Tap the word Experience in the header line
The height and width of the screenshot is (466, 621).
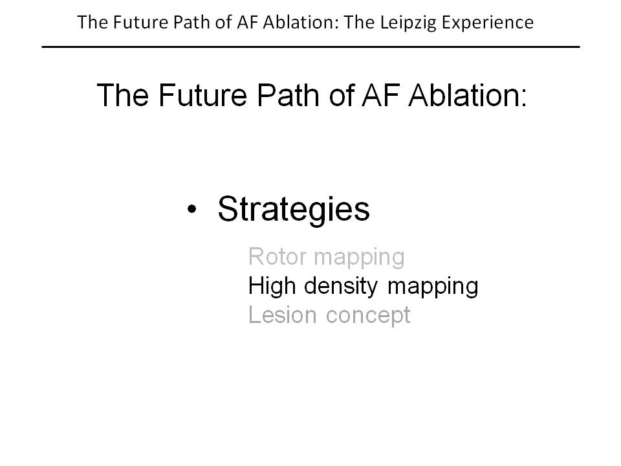tap(488, 23)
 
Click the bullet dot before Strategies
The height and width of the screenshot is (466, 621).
tap(191, 209)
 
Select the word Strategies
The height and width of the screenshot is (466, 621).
tap(294, 210)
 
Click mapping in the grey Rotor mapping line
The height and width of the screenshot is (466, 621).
tap(359, 258)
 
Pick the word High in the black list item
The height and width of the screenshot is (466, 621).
tap(272, 286)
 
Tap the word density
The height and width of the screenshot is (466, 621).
tap(341, 286)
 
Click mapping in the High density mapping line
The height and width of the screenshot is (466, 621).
tap(433, 287)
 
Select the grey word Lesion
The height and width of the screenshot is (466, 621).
tap(283, 315)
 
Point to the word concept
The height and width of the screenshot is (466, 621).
tap(368, 316)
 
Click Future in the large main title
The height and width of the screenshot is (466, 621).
tap(202, 95)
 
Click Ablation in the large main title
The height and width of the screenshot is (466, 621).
tap(467, 95)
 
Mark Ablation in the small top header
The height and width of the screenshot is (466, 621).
tap(301, 22)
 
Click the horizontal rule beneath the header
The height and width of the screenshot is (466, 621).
tap(310, 47)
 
